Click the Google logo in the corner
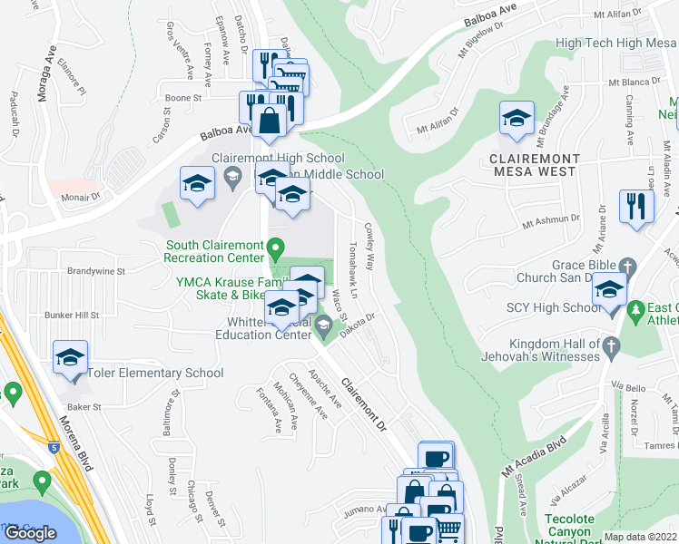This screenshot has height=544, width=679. click(30, 532)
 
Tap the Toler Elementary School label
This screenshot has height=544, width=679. click(155, 373)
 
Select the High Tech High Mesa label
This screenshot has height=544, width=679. click(610, 43)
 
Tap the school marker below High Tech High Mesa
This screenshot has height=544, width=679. click(517, 119)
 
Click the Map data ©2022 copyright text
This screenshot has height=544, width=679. click(640, 537)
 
